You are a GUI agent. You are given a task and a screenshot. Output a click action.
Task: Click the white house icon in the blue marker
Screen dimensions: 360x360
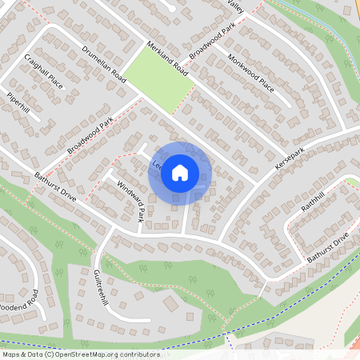(180, 173)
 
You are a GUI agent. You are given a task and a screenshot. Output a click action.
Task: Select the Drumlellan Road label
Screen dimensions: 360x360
(105, 64)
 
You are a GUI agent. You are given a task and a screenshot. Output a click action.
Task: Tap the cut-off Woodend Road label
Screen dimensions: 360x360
(18, 304)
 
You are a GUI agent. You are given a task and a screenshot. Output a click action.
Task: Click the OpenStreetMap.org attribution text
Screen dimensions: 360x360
(90, 354)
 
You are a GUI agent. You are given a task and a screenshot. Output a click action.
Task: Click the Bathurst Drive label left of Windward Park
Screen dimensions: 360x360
(54, 186)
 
